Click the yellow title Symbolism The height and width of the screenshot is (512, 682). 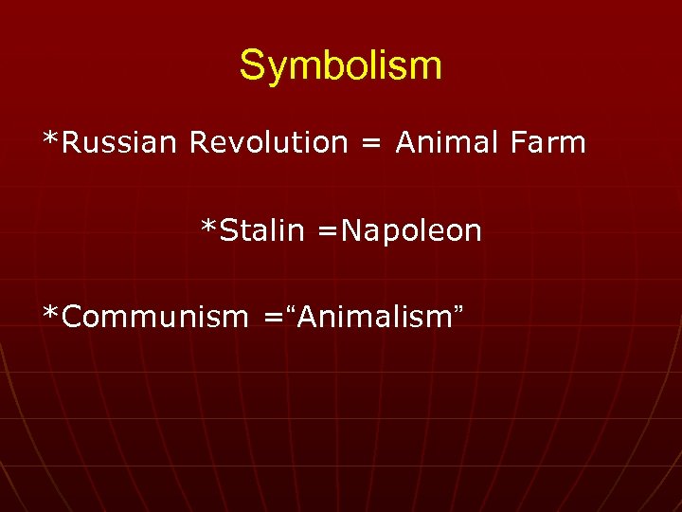tap(340, 66)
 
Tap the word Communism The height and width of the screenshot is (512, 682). tap(153, 317)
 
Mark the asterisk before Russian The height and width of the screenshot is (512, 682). tap(50, 138)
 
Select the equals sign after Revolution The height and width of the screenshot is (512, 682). tap(371, 144)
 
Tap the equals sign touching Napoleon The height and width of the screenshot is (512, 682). tap(327, 231)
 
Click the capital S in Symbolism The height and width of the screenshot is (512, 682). tap(252, 66)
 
